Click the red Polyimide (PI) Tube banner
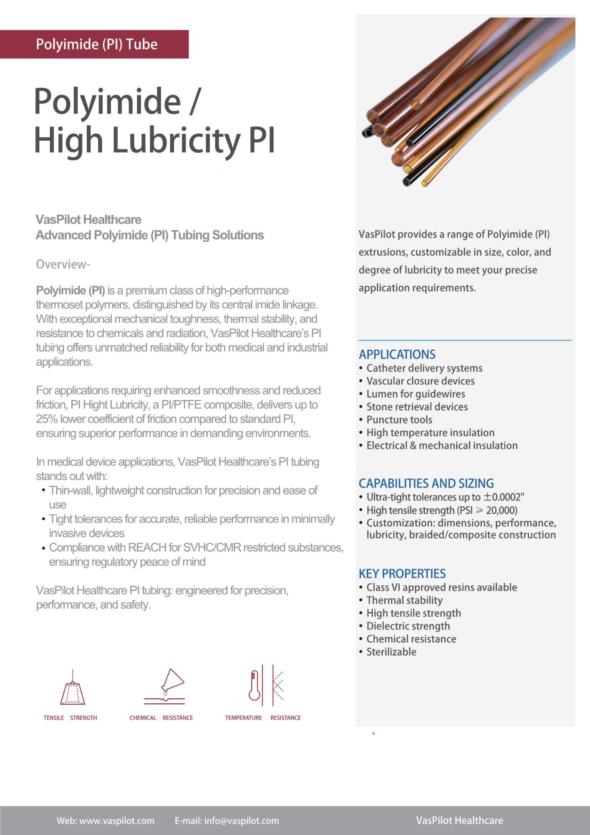(x=94, y=44)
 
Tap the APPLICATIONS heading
(x=397, y=354)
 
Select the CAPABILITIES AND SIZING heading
(x=426, y=483)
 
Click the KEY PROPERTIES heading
(x=402, y=574)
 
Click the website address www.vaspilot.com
(x=117, y=821)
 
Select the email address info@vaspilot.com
(x=241, y=821)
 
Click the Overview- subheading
(x=63, y=264)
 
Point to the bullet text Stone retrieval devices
(x=417, y=407)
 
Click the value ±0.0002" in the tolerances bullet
(x=504, y=497)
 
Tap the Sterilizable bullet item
(x=391, y=652)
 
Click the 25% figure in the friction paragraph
(x=47, y=419)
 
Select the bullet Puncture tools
(x=399, y=420)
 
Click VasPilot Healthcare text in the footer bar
(x=459, y=821)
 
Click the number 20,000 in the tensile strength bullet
(x=501, y=511)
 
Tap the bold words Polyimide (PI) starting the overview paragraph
(x=70, y=291)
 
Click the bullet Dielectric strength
(x=408, y=626)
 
